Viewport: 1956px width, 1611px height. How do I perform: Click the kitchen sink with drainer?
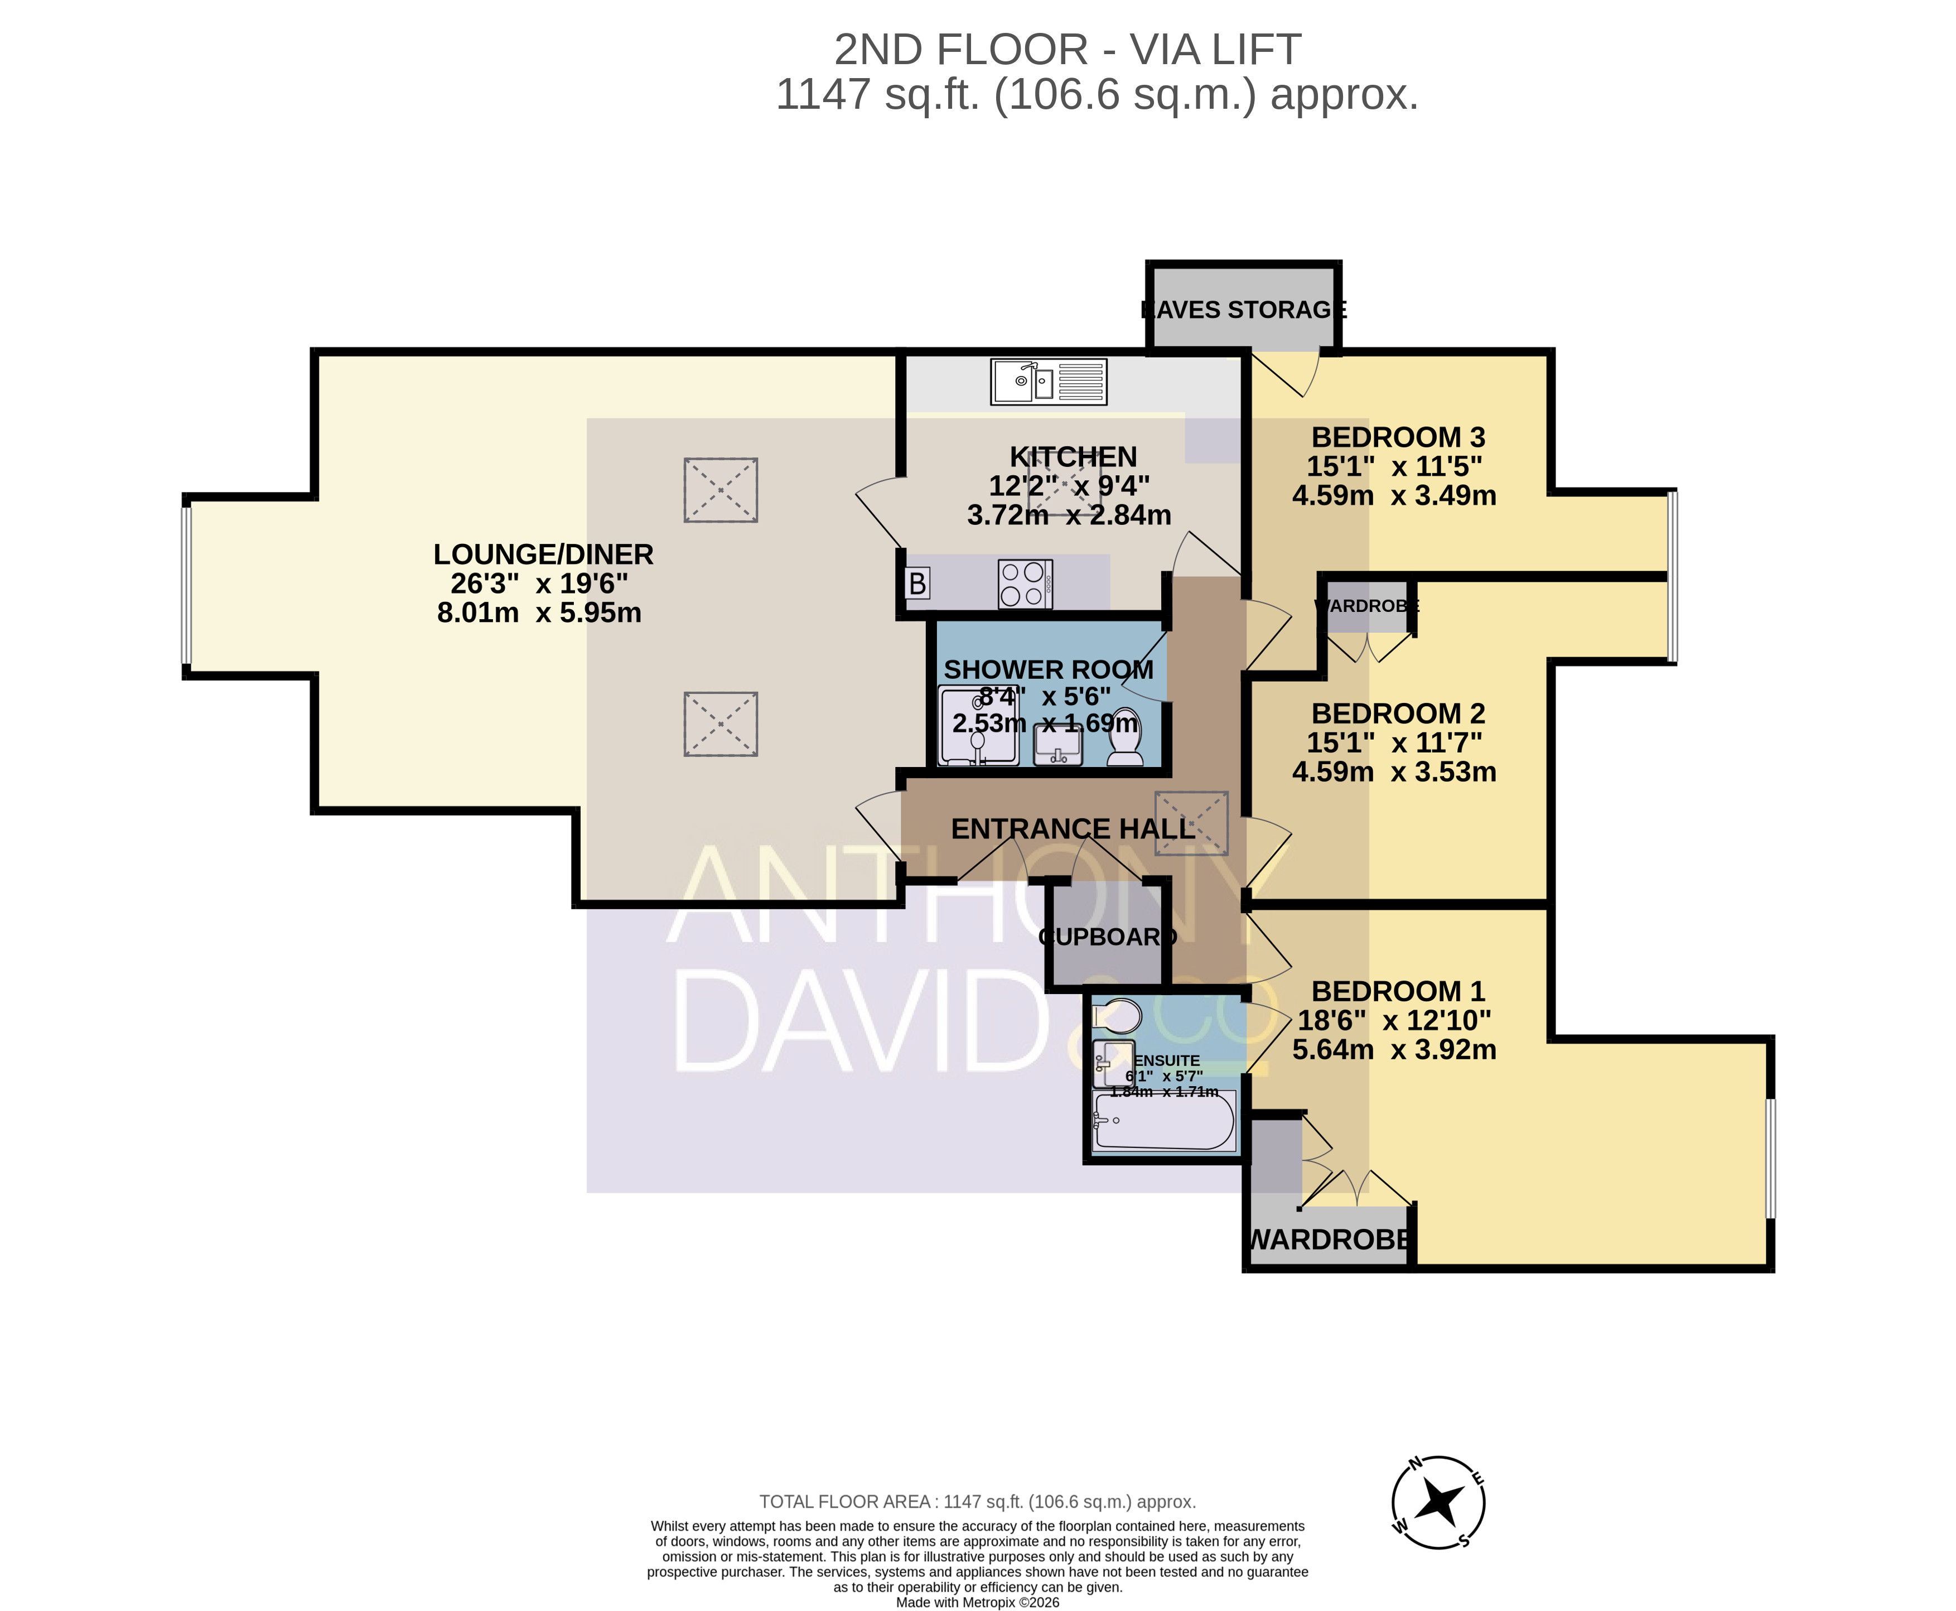tap(1049, 382)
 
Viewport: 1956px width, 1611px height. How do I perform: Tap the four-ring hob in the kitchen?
tap(1025, 583)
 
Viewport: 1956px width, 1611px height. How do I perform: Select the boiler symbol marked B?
tap(917, 583)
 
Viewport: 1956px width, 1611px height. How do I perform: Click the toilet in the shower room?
tap(1126, 737)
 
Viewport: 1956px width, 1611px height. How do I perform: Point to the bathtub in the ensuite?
tap(1165, 1120)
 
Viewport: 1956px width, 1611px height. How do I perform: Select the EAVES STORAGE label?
tap(1243, 310)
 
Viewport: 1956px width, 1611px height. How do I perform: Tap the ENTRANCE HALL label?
tap(1073, 829)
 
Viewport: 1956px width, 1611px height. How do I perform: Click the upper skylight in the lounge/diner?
tap(721, 490)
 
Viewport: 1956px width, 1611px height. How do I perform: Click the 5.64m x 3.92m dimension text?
tap(1394, 1050)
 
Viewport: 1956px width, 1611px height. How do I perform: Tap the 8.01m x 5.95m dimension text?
tap(539, 612)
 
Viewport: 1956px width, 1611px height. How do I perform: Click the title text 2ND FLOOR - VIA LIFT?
tap(1067, 49)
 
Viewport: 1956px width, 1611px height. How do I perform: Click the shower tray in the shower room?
tap(978, 726)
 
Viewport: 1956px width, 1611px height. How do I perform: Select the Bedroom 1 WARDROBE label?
tap(1329, 1240)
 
